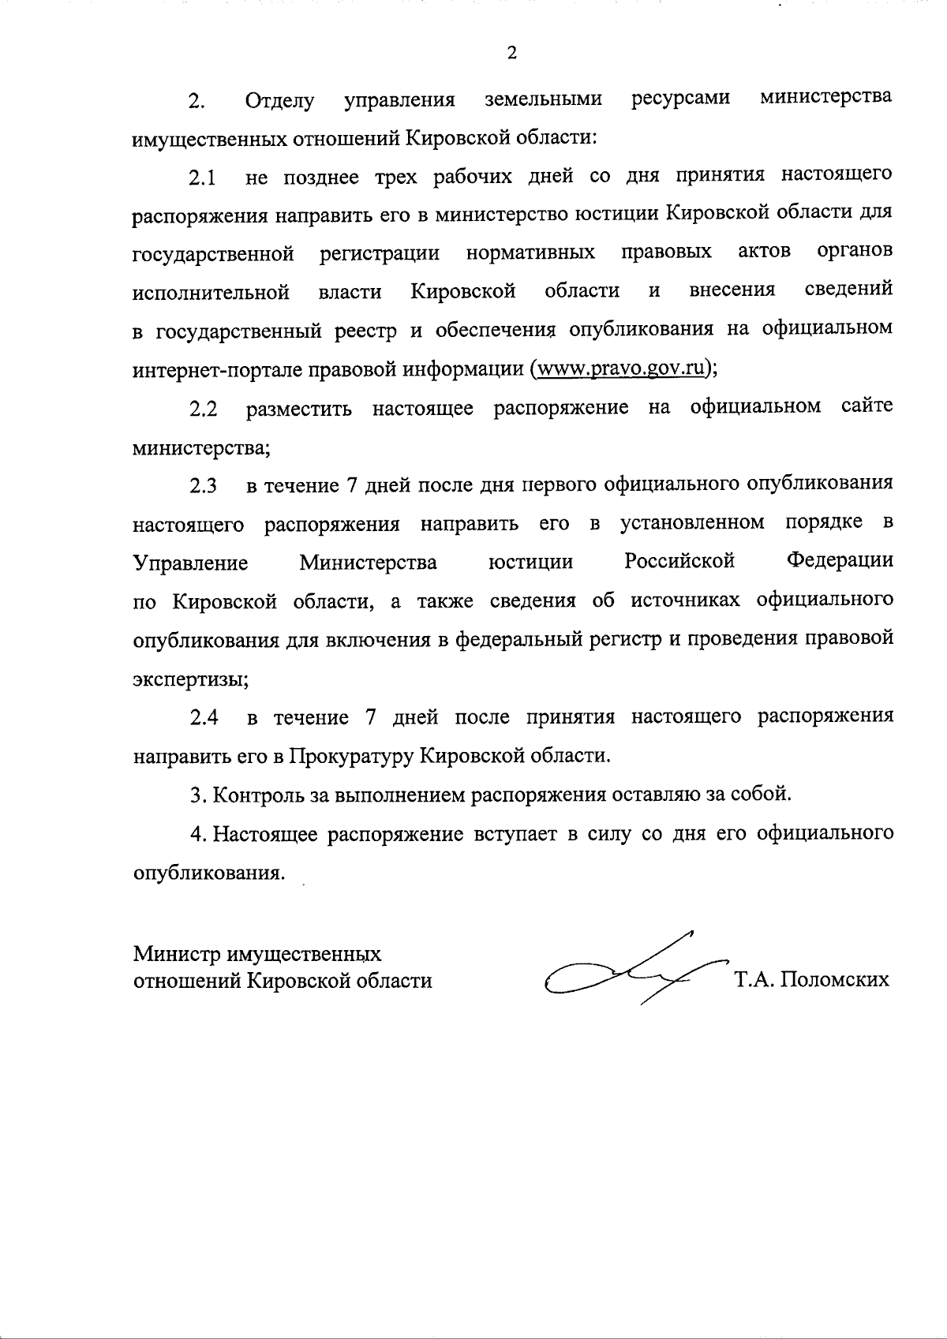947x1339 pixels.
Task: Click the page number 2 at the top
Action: coord(511,54)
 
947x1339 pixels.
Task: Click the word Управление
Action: coord(190,563)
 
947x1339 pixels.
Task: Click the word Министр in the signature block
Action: coord(176,954)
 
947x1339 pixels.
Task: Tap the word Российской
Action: coord(679,562)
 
